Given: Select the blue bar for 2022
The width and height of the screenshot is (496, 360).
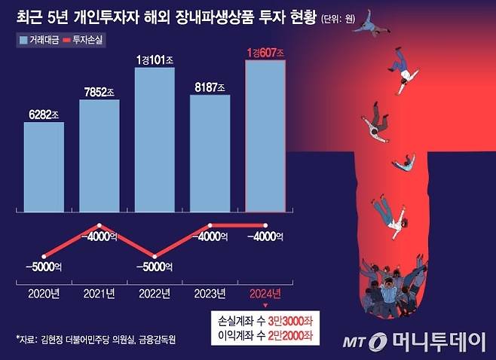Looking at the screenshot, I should pos(155,136).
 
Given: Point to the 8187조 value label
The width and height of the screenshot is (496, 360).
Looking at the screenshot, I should pos(210,87).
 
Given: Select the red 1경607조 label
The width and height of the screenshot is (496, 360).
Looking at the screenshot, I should pos(265,53).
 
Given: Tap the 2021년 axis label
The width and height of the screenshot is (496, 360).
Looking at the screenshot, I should pos(100,292).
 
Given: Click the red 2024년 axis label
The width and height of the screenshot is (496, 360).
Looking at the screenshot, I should pos(265,292).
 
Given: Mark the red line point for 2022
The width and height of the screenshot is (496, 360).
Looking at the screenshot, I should pos(155,256).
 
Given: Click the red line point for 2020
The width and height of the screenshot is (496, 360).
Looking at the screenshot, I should pos(44,256).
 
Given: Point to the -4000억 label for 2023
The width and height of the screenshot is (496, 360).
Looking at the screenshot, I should pos(210,236).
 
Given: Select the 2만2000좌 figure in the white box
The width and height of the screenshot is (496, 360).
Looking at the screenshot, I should pos(292,334).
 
